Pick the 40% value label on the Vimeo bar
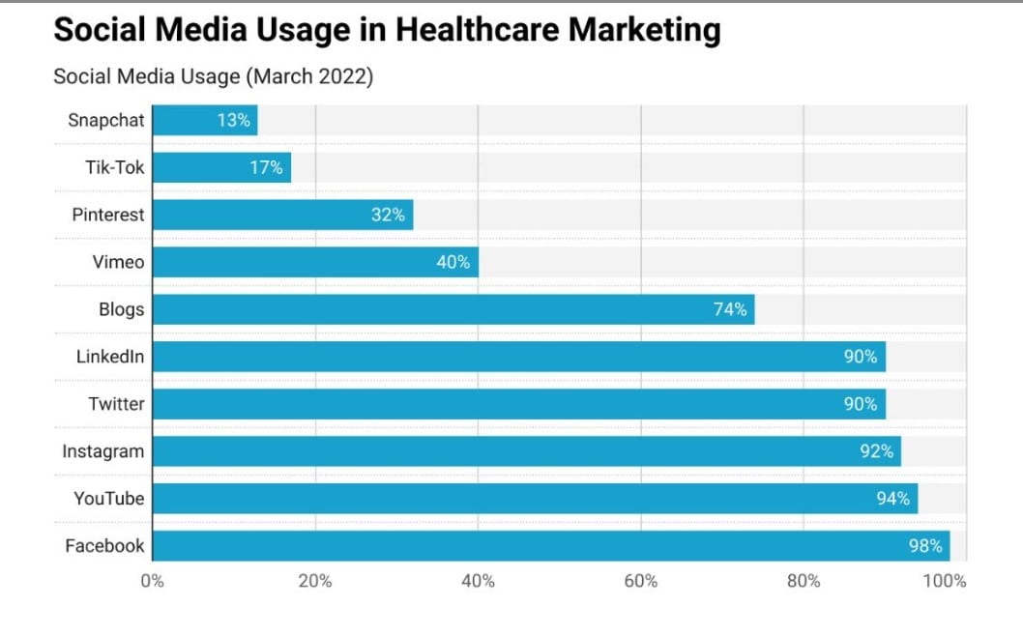(453, 262)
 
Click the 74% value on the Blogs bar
(730, 309)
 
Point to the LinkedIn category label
(110, 357)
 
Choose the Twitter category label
(116, 404)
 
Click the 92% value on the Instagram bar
(876, 451)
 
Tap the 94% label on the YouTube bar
(892, 499)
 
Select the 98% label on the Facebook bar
(925, 546)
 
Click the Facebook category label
(104, 546)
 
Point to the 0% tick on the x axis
(153, 581)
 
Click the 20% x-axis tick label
(315, 581)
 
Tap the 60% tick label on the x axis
(641, 581)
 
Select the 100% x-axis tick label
(945, 581)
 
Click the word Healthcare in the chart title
(478, 31)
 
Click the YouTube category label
(109, 499)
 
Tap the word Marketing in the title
(644, 31)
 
